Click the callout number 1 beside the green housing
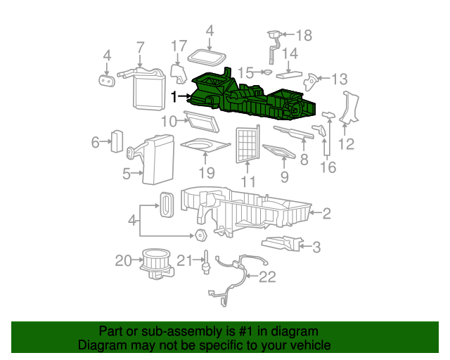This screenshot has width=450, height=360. tap(173, 96)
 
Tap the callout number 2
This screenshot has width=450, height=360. tap(326, 212)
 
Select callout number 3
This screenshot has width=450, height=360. tap(316, 246)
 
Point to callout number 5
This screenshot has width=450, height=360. tap(127, 174)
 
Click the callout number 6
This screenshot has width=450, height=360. tap(95, 143)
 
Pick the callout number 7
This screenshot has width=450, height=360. tap(140, 48)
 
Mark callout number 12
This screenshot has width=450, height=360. tap(346, 145)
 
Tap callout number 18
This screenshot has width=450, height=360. tap(302, 35)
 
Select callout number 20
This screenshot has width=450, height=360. tap(124, 261)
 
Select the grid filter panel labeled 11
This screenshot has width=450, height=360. tap(247, 144)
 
